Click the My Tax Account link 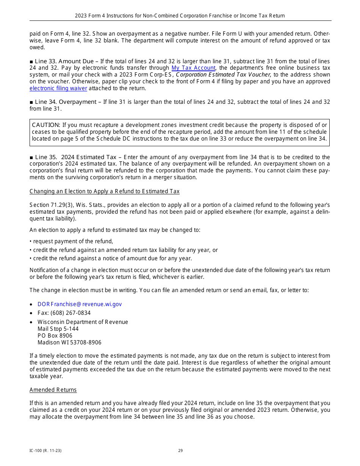[193, 68]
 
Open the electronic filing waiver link [58, 88]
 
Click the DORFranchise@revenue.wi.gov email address [80, 304]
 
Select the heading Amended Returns [53, 390]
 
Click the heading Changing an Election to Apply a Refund [105, 191]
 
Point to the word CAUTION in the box [46, 125]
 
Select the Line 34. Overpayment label [66, 102]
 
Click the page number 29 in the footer [180, 451]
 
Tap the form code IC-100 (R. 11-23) [45, 451]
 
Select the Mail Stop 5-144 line [58, 329]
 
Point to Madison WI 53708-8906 [69, 342]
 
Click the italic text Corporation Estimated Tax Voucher [224, 75]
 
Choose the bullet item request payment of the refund [73, 241]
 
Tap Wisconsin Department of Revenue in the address [83, 322]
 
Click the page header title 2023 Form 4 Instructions [180, 16]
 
